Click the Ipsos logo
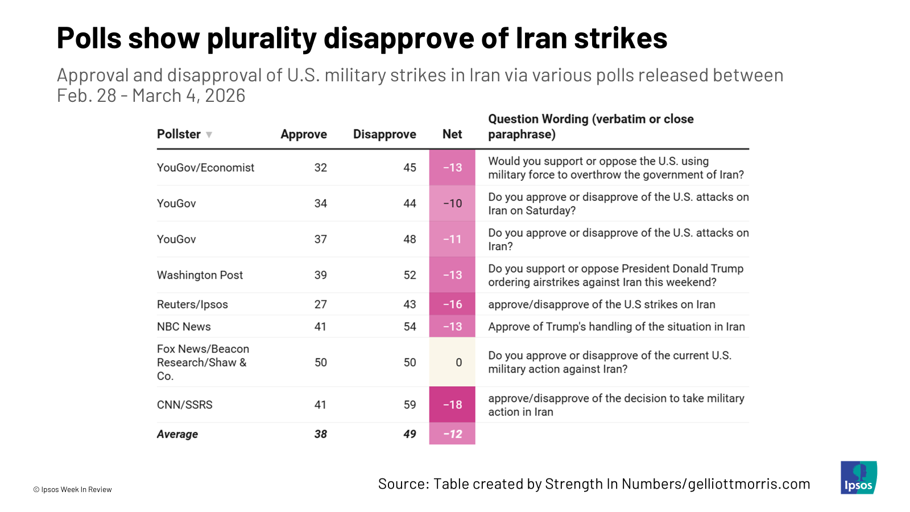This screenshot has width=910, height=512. pos(858,477)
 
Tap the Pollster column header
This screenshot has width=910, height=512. pos(179,134)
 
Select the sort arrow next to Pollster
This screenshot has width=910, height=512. pos(209,135)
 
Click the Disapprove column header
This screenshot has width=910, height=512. pos(384,134)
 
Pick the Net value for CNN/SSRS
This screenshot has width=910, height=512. pos(452,404)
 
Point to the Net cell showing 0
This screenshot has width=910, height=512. pos(458,362)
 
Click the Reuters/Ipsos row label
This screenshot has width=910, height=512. pos(192,304)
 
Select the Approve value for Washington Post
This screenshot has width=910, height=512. pos(321,275)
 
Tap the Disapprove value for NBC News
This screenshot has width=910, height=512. pos(409,327)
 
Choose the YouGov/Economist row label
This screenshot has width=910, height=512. pos(205,167)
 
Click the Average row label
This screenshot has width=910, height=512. pos(177,434)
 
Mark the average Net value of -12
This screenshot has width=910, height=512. pos(452,434)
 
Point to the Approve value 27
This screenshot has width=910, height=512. pos(321,304)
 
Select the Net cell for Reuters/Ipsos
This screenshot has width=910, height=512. pos(452,304)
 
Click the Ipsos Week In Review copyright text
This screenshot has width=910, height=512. pos(73,489)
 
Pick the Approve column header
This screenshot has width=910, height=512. pos(304,134)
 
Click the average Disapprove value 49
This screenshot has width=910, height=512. pos(409,434)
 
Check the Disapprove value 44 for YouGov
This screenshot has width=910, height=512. pos(409,203)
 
